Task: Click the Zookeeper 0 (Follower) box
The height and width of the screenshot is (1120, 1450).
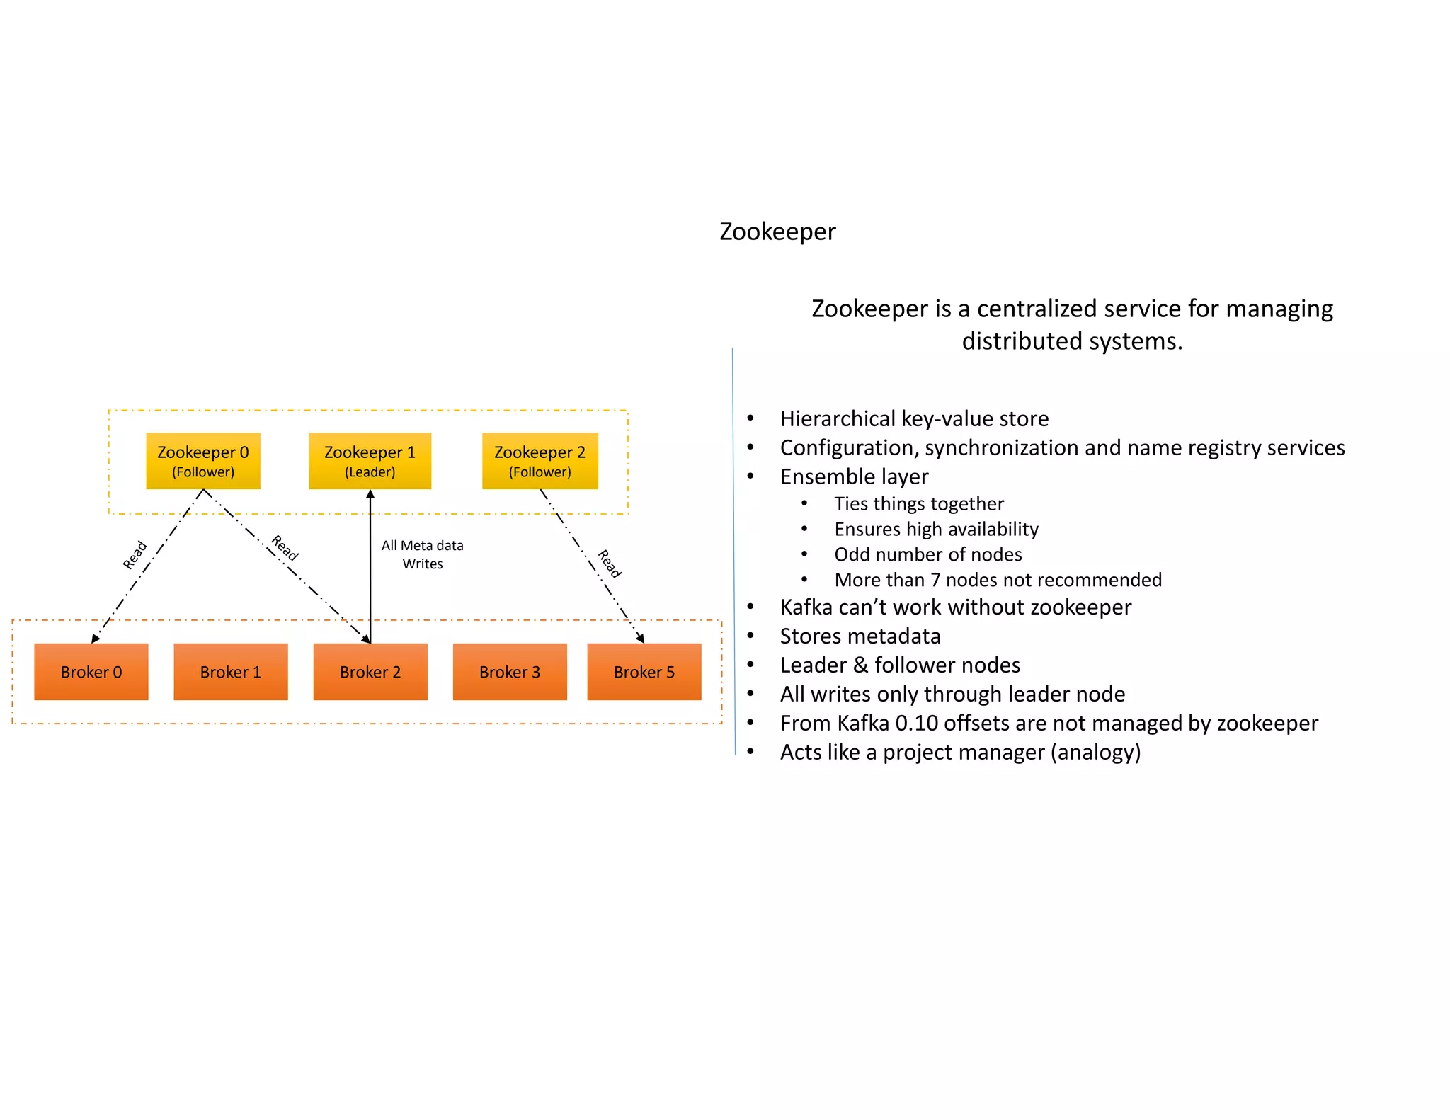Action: pyautogui.click(x=203, y=461)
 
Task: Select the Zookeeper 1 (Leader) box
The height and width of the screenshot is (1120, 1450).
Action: pyautogui.click(x=370, y=461)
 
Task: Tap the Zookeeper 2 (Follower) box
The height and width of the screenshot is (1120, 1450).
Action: pyautogui.click(x=540, y=461)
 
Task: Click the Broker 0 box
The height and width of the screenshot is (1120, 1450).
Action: pyautogui.click(x=91, y=672)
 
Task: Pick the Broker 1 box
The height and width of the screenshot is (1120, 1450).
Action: pyautogui.click(x=231, y=672)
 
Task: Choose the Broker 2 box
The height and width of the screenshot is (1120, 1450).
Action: pyautogui.click(x=370, y=672)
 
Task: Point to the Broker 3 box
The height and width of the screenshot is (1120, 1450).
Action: pyautogui.click(x=510, y=672)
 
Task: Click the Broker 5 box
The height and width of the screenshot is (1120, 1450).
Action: pyautogui.click(x=644, y=672)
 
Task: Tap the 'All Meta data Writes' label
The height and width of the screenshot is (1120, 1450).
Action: pyautogui.click(x=422, y=554)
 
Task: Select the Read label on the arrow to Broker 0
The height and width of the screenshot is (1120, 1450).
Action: pyautogui.click(x=135, y=555)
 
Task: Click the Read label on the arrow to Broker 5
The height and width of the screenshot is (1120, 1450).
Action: pyautogui.click(x=610, y=564)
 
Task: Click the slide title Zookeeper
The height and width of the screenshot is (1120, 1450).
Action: pyautogui.click(x=777, y=232)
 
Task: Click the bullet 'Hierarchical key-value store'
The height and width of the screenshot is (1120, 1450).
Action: pyautogui.click(x=914, y=418)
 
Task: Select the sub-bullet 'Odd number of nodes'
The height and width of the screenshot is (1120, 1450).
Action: pyautogui.click(x=927, y=554)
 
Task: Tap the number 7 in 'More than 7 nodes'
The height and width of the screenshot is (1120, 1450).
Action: pyautogui.click(x=935, y=580)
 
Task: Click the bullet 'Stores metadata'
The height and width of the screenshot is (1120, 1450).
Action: pyautogui.click(x=860, y=636)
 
